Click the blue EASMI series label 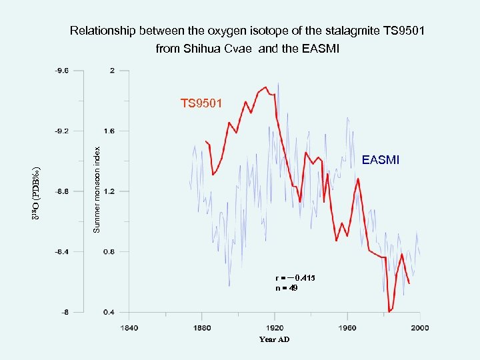pos(380,160)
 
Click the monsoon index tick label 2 pos(112,70)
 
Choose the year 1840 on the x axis pos(129,327)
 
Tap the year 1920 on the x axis pos(274,327)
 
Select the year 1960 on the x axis pos(347,327)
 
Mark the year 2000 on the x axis pos(419,327)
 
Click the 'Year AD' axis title pos(274,339)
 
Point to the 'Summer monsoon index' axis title pos(97,190)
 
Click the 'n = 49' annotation pos(287,288)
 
